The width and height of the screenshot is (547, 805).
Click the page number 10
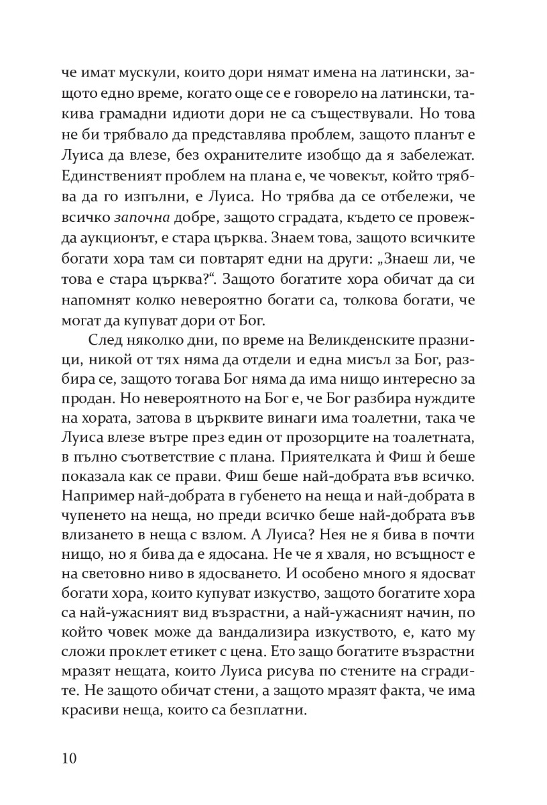point(70,758)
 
